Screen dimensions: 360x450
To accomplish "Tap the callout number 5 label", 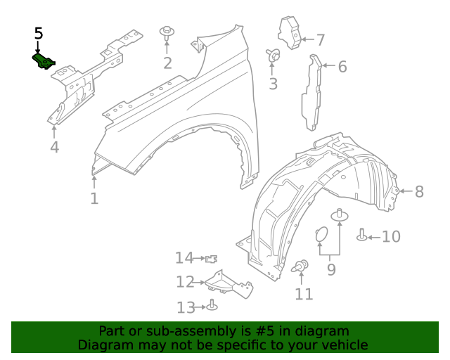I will click(x=38, y=34).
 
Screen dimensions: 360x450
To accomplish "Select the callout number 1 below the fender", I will click(x=94, y=198).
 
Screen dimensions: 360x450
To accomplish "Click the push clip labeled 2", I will click(x=167, y=34).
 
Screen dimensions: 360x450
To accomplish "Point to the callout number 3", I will click(x=273, y=84).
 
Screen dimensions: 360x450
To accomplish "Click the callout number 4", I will click(x=54, y=147).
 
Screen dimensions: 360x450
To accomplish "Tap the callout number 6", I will click(x=342, y=67).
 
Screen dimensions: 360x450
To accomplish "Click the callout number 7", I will click(x=320, y=40).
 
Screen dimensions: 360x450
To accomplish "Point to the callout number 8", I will click(x=419, y=191).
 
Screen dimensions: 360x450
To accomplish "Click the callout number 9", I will click(x=330, y=269).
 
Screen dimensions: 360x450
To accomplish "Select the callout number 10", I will click(x=390, y=236).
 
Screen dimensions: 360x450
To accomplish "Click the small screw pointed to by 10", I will click(x=362, y=235).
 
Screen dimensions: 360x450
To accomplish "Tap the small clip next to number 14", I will click(x=211, y=259).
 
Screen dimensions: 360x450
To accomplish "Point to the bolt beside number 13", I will click(x=212, y=306).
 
